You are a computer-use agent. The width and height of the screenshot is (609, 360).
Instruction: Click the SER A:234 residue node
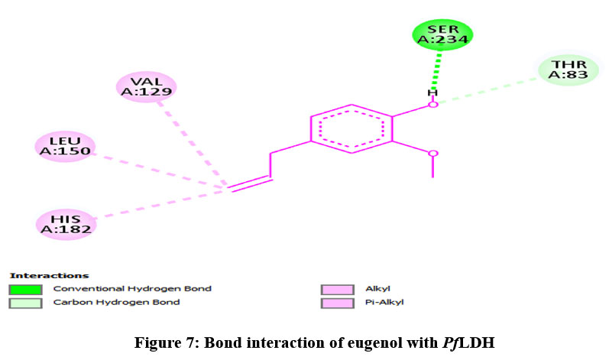click(442, 34)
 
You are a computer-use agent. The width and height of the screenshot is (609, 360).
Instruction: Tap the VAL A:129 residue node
click(146, 86)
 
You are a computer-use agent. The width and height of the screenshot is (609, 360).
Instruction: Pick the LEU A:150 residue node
click(66, 145)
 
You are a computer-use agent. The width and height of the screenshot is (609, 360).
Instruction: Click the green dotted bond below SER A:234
click(437, 68)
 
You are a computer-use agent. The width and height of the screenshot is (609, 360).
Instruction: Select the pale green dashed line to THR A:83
click(489, 89)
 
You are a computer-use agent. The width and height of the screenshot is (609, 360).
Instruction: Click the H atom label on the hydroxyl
click(432, 93)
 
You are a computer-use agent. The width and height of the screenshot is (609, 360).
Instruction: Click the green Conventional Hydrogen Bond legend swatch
click(25, 290)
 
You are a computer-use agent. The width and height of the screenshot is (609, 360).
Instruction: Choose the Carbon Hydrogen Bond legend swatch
click(25, 303)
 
